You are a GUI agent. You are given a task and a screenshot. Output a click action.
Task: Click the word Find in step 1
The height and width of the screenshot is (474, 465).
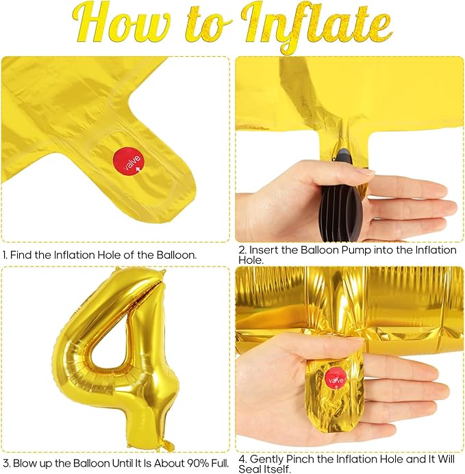21,255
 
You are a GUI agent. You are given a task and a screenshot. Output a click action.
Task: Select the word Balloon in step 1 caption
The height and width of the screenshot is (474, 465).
177,255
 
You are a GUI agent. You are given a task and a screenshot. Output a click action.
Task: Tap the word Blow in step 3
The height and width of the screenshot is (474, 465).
24,463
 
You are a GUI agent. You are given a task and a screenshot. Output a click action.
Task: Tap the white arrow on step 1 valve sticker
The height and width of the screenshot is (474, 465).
138,169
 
